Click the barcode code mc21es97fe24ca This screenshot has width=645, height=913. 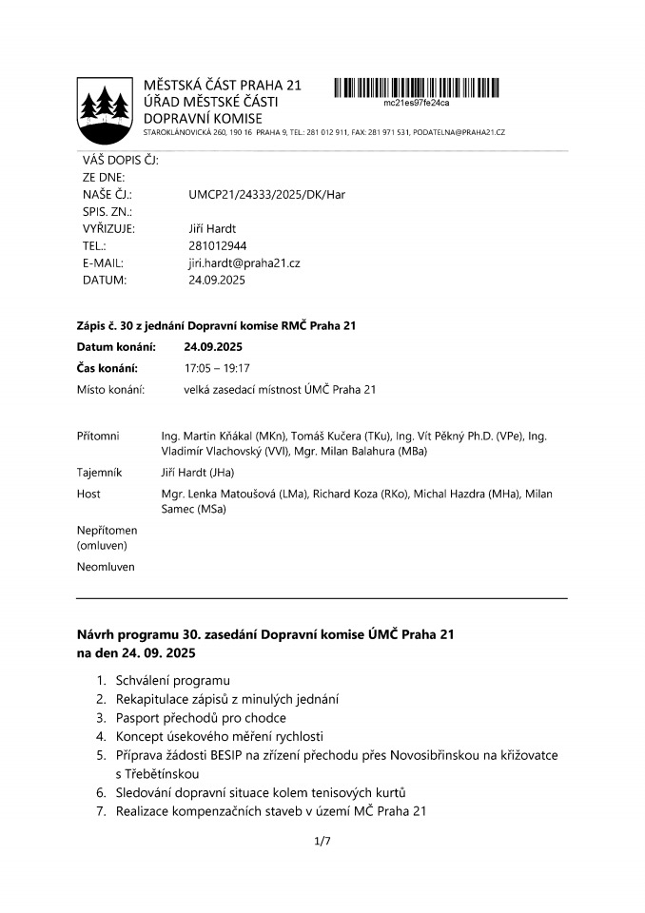point(416,103)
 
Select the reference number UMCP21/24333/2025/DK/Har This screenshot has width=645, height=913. point(266,194)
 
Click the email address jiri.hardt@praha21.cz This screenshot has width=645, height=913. point(244,262)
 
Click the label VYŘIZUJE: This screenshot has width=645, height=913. point(109,228)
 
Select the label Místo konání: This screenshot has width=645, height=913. point(110,389)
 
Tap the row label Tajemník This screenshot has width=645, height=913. point(101,472)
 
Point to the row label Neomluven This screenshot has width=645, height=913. point(106,567)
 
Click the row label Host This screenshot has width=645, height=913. point(88,494)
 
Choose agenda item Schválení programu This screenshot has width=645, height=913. point(172,681)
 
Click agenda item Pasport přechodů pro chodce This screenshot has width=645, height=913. point(200,717)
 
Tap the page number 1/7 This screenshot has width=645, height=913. point(322,841)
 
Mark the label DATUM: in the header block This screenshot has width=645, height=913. point(105,280)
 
